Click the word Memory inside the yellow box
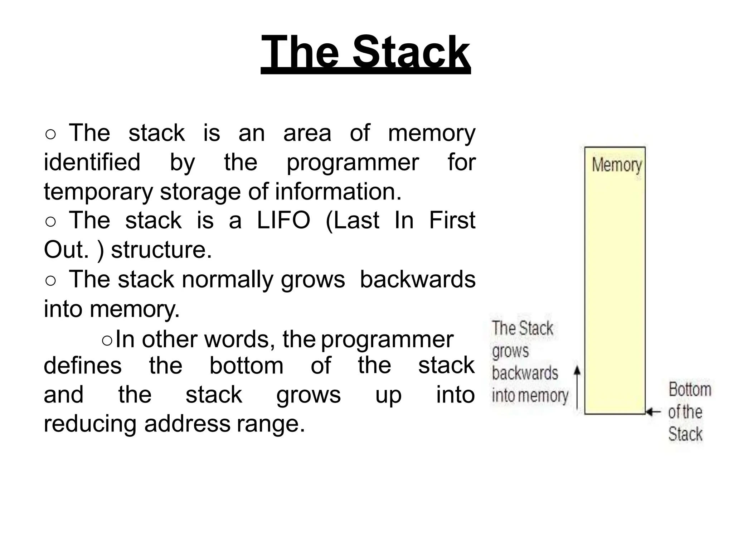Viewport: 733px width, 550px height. pos(617,165)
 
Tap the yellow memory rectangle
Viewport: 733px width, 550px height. pos(615,286)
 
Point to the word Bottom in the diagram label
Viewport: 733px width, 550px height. pos(690,390)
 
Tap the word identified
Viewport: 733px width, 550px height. pos(92,162)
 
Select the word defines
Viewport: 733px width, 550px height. pos(83,365)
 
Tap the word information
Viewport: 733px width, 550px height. pos(338,192)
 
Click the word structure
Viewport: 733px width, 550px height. pos(161,250)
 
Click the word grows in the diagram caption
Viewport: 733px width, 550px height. pos(510,351)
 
